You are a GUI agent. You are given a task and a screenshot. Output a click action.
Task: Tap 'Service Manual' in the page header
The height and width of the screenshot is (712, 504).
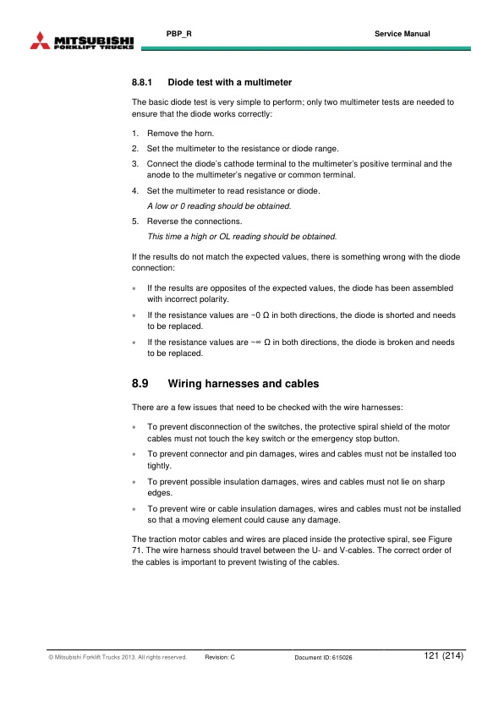tap(402, 34)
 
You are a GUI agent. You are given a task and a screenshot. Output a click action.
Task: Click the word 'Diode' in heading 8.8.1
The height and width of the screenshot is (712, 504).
tap(182, 83)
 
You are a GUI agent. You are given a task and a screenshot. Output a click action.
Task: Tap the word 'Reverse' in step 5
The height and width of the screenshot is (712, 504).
tap(162, 222)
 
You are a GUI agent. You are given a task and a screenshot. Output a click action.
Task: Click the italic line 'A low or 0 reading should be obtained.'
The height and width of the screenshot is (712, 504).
tap(219, 205)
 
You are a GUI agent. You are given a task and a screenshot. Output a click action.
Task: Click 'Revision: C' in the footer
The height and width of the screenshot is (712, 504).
tap(225, 657)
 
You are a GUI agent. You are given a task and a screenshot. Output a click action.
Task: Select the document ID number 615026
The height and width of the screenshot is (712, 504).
tap(342, 657)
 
